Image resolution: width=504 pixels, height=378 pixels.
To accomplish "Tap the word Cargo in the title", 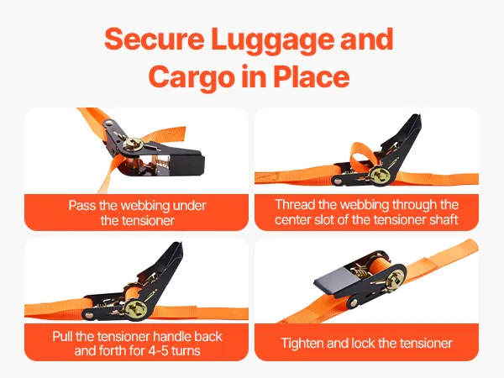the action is [x=191, y=77].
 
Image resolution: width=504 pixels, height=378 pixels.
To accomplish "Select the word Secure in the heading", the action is [x=155, y=39].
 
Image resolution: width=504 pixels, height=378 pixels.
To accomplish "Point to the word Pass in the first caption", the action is [x=82, y=206].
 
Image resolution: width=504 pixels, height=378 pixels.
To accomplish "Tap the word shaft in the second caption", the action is [x=444, y=220].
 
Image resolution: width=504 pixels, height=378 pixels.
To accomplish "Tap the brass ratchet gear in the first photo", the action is [x=133, y=145].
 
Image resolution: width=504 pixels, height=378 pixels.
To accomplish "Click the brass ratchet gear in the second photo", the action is [x=381, y=176].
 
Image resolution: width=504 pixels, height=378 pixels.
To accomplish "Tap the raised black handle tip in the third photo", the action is [x=177, y=250].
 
